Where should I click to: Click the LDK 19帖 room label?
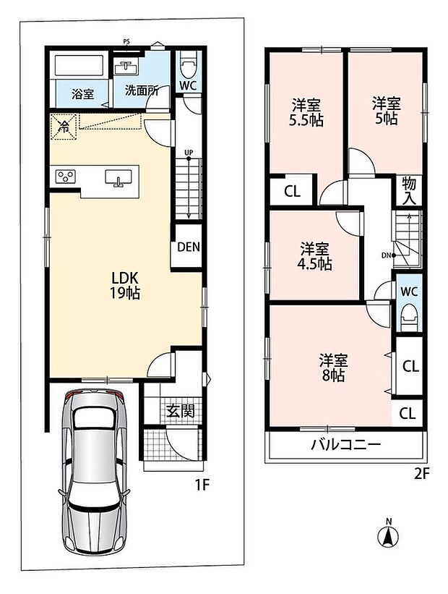[124, 286]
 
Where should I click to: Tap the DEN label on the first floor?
[188, 247]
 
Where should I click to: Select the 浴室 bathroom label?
[82, 93]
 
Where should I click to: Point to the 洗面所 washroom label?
[142, 90]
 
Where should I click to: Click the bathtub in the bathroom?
[79, 66]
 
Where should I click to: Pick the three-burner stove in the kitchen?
[65, 177]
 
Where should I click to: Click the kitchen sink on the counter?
[119, 177]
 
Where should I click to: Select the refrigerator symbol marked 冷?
[64, 127]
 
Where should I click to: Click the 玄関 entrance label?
[181, 411]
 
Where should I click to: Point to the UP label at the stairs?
[189, 152]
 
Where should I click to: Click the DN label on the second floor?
[386, 255]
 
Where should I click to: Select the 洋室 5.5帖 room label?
[306, 113]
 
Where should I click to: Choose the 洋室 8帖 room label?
[333, 368]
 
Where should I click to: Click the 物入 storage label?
[409, 191]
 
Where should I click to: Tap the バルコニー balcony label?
[346, 444]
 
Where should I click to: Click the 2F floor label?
[422, 474]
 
